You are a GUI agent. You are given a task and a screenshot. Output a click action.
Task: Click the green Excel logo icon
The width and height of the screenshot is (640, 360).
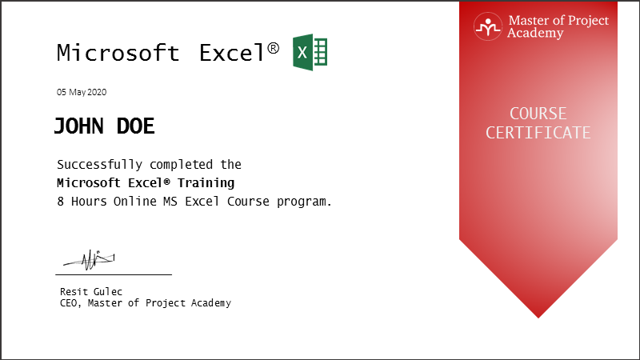(x=310, y=52)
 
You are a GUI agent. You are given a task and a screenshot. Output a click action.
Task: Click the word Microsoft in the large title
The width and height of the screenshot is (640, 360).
(x=118, y=53)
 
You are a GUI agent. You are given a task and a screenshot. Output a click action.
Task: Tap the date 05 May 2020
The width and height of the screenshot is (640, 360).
(x=82, y=92)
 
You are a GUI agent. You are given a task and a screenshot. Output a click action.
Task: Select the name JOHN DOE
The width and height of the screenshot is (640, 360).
(x=105, y=126)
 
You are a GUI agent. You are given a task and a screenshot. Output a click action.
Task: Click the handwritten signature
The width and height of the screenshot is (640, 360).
(x=90, y=259)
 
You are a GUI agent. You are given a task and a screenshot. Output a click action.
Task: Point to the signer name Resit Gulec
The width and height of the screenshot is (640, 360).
(x=91, y=291)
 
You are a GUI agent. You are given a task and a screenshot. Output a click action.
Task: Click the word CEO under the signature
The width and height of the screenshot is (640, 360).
(x=68, y=303)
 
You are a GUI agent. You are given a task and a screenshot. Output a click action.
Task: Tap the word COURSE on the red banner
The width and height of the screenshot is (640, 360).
(x=538, y=114)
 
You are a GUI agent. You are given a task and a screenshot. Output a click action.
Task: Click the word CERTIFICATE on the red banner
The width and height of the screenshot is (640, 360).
(x=538, y=133)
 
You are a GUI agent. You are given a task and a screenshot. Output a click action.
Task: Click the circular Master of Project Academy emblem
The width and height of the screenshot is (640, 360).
(x=488, y=26)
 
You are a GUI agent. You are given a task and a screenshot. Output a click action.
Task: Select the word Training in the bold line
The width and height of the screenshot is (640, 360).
(x=206, y=183)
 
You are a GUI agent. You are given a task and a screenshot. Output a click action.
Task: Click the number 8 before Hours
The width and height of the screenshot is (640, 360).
(x=61, y=202)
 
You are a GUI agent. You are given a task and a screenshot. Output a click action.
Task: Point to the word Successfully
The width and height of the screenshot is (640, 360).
(x=99, y=165)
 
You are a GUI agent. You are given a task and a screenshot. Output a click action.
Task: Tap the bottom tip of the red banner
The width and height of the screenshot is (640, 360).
(x=538, y=318)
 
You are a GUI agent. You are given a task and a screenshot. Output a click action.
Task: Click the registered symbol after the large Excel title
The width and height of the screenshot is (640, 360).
(x=274, y=48)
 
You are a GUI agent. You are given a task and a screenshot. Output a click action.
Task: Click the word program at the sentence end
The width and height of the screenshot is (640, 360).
(x=302, y=202)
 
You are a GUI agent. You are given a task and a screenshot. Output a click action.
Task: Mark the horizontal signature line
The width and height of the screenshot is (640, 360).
(x=114, y=274)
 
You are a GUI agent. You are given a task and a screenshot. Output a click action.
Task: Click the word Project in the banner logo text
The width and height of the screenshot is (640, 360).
(x=588, y=21)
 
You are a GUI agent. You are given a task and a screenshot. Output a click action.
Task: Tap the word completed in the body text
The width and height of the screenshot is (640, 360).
(x=181, y=165)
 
